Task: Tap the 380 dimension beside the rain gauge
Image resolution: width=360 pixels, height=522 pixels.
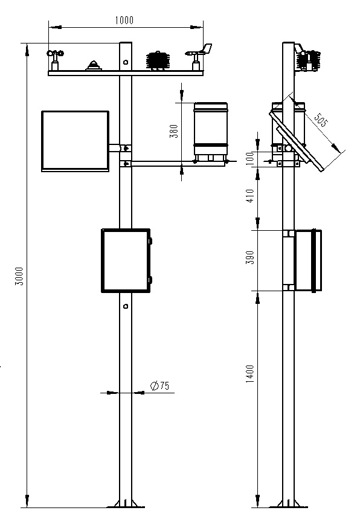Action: (x=174, y=131)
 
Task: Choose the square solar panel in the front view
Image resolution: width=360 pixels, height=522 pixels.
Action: (x=75, y=140)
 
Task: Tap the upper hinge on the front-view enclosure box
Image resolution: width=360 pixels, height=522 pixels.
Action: (x=150, y=241)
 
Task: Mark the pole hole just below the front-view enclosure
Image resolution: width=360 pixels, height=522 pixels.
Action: (x=125, y=306)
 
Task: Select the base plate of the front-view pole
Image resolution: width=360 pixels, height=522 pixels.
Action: (x=125, y=504)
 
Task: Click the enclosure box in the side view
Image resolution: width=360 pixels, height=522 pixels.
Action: (x=307, y=260)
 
